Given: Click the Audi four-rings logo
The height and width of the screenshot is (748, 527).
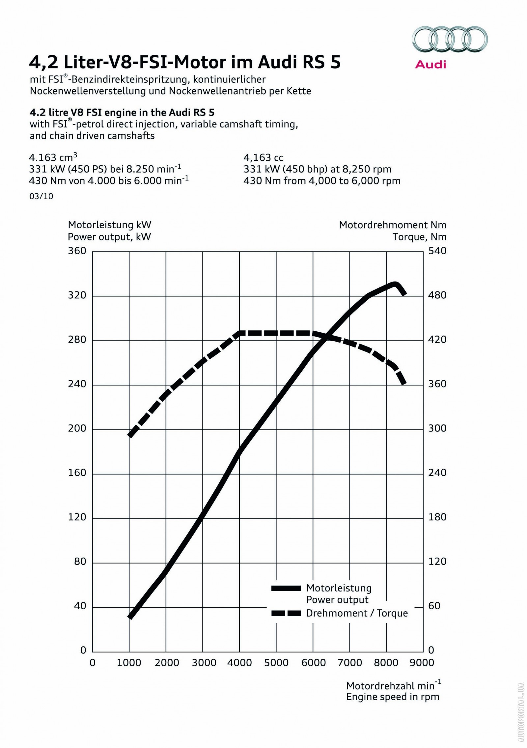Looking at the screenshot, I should point(450,40).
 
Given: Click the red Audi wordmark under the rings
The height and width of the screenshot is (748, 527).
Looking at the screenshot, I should point(430,64).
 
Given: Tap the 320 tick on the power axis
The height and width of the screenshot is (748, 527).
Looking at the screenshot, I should point(77,295).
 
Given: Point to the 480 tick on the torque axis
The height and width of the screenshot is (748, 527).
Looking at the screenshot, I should point(437,295).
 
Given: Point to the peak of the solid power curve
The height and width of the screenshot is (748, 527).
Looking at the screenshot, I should point(395,284).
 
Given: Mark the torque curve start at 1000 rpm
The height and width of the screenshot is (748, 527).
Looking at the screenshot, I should point(130,435).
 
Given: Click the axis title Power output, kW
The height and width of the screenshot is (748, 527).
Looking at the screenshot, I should point(109,237).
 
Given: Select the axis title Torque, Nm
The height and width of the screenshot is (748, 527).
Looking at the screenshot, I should point(419,237).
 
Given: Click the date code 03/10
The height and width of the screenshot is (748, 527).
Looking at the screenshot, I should point(41,197).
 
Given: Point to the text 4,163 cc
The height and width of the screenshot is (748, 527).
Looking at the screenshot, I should point(263,158).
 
